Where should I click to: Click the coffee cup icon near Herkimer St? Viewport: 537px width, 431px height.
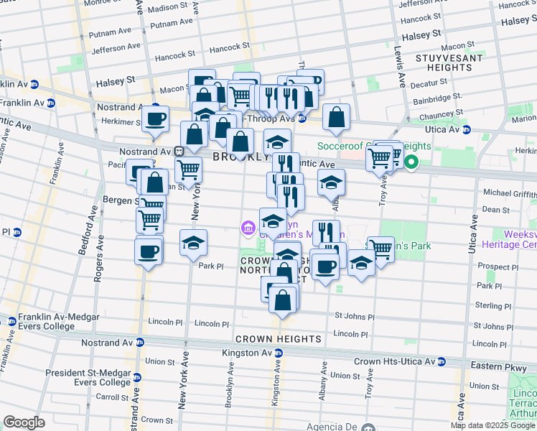(x=155, y=119)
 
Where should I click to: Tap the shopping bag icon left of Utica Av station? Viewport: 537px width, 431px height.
(x=336, y=118)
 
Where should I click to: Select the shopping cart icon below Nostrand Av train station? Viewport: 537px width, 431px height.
(x=188, y=171)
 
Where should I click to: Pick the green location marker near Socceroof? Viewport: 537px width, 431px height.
(x=411, y=162)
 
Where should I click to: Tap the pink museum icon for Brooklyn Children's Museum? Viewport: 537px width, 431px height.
(x=248, y=228)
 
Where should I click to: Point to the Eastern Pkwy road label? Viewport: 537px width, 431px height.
(x=496, y=366)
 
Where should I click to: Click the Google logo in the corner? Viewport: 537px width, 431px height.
(x=24, y=422)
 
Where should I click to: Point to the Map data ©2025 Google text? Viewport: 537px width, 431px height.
(x=492, y=425)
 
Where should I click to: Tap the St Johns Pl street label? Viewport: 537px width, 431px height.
(x=354, y=316)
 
